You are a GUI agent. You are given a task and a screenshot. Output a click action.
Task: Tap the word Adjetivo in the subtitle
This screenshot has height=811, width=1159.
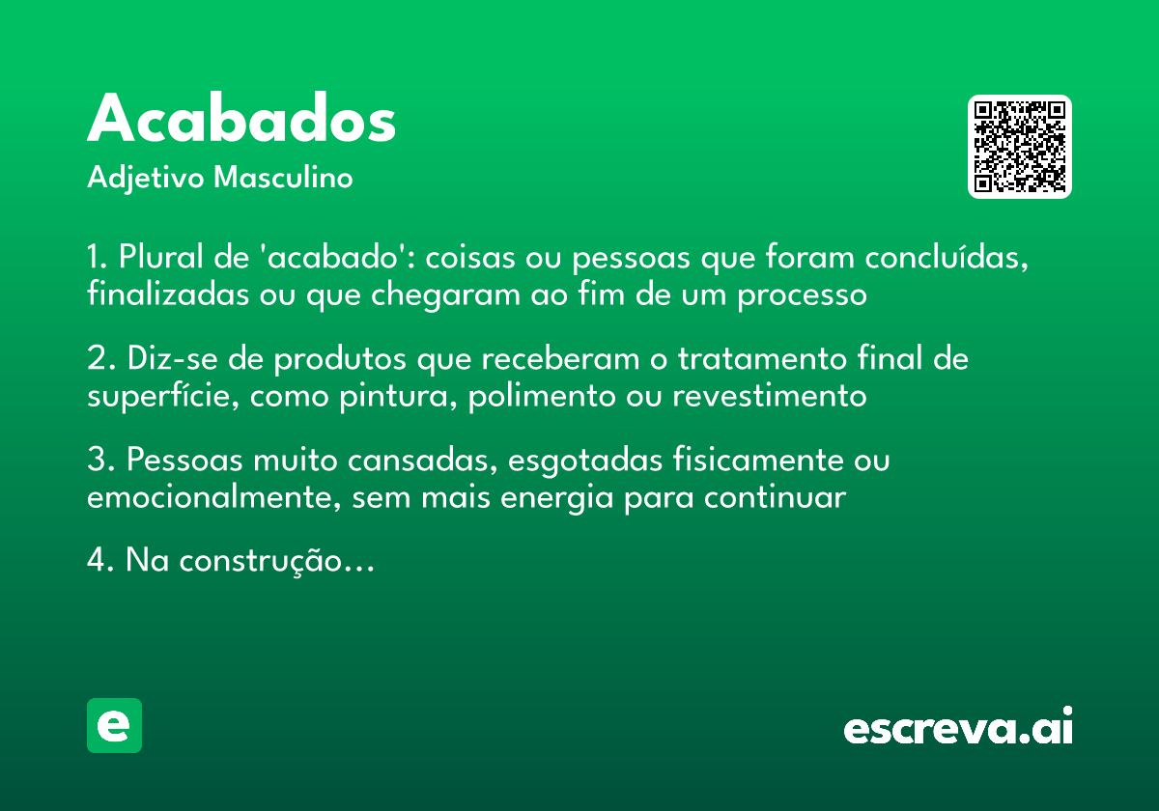coord(146,179)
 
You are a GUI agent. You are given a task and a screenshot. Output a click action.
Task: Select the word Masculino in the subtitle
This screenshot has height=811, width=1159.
coord(283,179)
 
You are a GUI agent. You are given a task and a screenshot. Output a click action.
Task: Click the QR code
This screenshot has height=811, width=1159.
coord(1020,147)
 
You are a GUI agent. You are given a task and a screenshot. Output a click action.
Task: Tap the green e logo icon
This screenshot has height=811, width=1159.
coord(114,725)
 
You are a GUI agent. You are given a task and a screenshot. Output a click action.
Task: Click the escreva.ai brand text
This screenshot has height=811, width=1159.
coord(958,728)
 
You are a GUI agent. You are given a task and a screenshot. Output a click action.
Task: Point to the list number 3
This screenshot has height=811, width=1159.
coord(96,461)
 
